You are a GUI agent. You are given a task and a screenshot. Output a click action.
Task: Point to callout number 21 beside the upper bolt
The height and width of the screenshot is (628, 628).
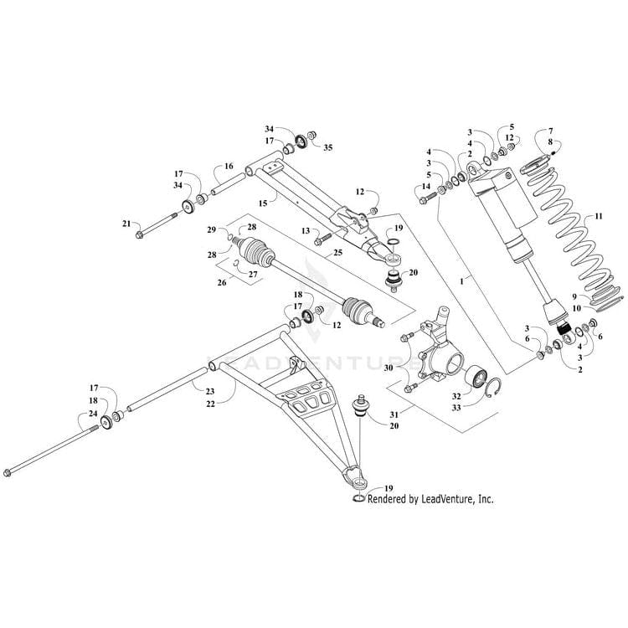point(126,224)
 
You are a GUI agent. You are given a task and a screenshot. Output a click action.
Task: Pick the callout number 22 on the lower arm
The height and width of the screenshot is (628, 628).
point(210,404)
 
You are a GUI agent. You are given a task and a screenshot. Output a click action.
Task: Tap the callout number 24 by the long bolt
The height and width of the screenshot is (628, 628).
point(93,414)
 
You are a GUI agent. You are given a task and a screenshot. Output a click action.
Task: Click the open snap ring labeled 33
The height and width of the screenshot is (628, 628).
point(494,387)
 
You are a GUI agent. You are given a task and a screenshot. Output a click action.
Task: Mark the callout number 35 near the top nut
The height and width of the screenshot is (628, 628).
point(327,147)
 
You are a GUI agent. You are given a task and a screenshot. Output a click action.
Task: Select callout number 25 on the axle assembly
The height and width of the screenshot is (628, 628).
point(337,252)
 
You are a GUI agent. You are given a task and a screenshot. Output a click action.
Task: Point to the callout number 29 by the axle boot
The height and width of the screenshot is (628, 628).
point(212,229)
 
